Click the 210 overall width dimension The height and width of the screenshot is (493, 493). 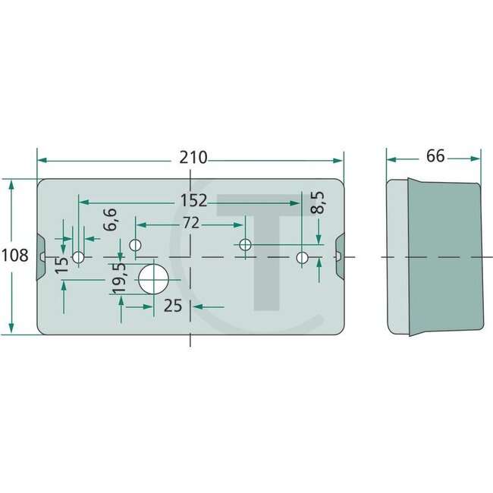(193, 158)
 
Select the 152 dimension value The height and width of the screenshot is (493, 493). (193, 201)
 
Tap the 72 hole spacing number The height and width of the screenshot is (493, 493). (190, 224)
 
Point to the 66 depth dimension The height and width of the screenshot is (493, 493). (435, 156)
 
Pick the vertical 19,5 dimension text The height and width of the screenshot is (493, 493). (119, 280)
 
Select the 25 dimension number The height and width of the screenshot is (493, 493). (174, 306)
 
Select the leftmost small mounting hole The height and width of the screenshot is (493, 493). (77, 257)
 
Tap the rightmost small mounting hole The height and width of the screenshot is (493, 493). (302, 258)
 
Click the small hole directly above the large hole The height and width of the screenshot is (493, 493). (136, 245)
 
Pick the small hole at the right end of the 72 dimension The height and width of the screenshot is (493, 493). (245, 245)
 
